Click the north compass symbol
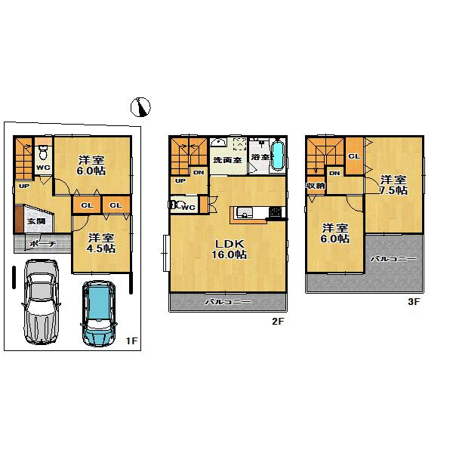(141, 108)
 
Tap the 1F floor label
(131, 341)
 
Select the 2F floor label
(277, 322)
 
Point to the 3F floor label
(413, 301)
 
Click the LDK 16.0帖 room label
(228, 249)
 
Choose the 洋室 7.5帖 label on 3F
(393, 185)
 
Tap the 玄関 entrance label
(35, 221)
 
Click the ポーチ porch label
(38, 244)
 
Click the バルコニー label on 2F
(228, 302)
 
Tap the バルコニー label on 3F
(393, 258)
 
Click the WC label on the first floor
(43, 168)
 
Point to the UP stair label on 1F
(23, 186)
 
